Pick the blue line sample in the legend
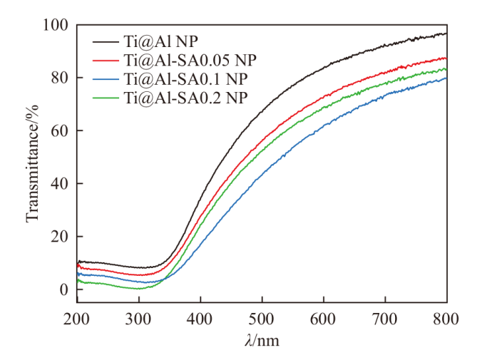(106, 78)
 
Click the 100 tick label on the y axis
(56, 25)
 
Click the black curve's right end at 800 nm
(446, 34)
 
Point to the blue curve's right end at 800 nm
(446, 78)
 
